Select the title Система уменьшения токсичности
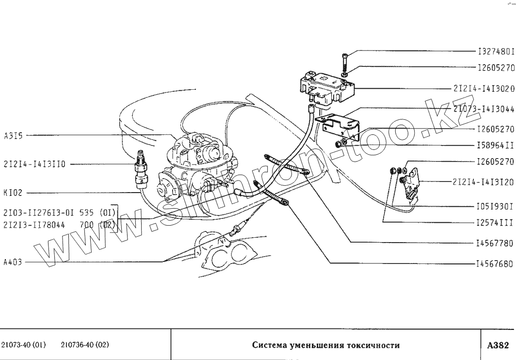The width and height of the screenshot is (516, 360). coord(326,345)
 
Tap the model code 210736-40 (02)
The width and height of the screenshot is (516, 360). coord(85,345)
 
